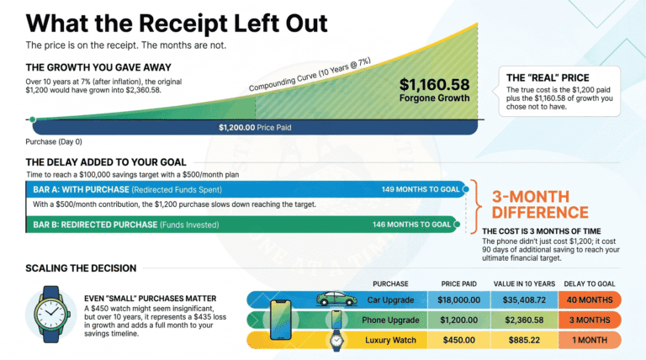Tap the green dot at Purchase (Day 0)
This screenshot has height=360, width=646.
point(33,119)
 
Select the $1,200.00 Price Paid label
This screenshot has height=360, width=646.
point(255,128)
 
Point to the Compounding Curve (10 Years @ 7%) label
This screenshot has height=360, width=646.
point(310,75)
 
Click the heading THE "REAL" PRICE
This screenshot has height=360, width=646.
point(548,78)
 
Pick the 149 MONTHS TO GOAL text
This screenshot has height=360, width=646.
point(421,189)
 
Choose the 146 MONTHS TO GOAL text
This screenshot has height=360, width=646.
point(411,225)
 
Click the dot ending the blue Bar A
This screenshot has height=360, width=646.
point(465,189)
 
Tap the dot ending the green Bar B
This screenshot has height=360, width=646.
point(457,225)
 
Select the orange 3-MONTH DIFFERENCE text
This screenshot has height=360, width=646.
point(540,204)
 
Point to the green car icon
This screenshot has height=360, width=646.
point(336,299)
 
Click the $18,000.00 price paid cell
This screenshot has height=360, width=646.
point(459,300)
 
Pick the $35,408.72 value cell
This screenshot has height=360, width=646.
point(524,300)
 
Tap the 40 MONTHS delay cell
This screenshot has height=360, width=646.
point(590,300)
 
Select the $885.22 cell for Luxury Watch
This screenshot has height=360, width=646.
point(524,340)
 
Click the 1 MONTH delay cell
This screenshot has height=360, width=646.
point(590,340)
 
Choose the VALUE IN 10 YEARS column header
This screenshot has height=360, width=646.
point(524,283)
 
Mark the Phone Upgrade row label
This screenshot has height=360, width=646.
point(390,320)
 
